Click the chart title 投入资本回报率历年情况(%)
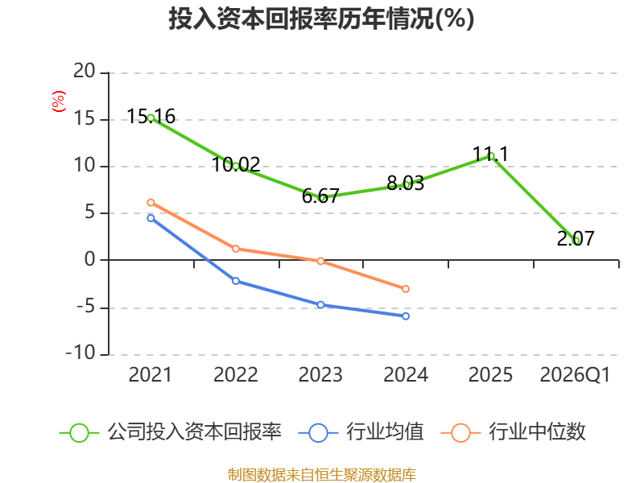click(x=321, y=19)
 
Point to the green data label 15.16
click(x=151, y=116)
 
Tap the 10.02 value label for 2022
click(x=236, y=165)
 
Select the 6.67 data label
click(x=320, y=196)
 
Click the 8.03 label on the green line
click(x=406, y=184)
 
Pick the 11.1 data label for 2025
click(x=490, y=155)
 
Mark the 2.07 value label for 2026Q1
click(x=576, y=238)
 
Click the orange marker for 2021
click(x=151, y=203)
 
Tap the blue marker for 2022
click(x=236, y=281)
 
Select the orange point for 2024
click(x=406, y=289)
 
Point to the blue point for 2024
click(x=406, y=316)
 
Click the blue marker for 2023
click(x=320, y=305)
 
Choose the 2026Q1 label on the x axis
click(x=575, y=374)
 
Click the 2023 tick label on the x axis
click(x=320, y=374)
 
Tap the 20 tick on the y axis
click(x=85, y=71)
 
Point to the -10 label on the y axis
click(x=80, y=353)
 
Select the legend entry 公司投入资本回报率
click(x=171, y=432)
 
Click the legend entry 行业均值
click(x=361, y=432)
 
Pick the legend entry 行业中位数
click(x=513, y=432)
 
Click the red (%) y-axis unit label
click(x=58, y=101)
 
